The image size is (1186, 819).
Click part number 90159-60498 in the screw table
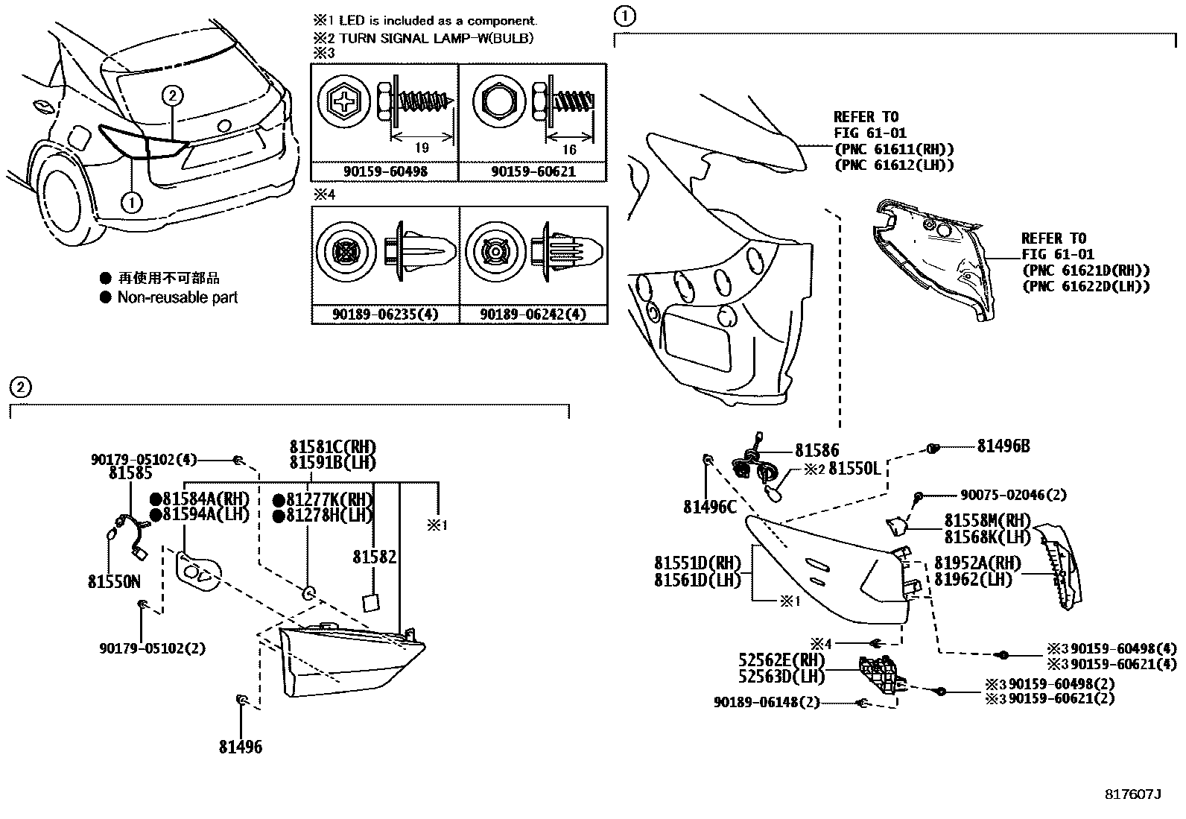384,171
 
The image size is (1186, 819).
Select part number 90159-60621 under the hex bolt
533,171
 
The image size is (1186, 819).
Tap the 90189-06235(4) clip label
385,314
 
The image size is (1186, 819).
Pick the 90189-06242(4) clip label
533,314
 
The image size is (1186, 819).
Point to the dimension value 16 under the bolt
569,150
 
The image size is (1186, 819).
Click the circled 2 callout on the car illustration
172,95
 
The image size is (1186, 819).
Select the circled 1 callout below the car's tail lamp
131,201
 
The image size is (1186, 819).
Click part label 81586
816,450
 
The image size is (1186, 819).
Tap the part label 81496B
1003,446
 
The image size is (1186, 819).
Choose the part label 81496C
709,507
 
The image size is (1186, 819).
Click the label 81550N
114,582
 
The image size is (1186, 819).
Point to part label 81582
375,557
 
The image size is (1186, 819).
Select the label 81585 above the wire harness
130,473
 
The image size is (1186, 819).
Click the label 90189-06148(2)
767,702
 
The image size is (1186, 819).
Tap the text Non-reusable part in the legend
177,297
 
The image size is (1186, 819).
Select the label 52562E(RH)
781,660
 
